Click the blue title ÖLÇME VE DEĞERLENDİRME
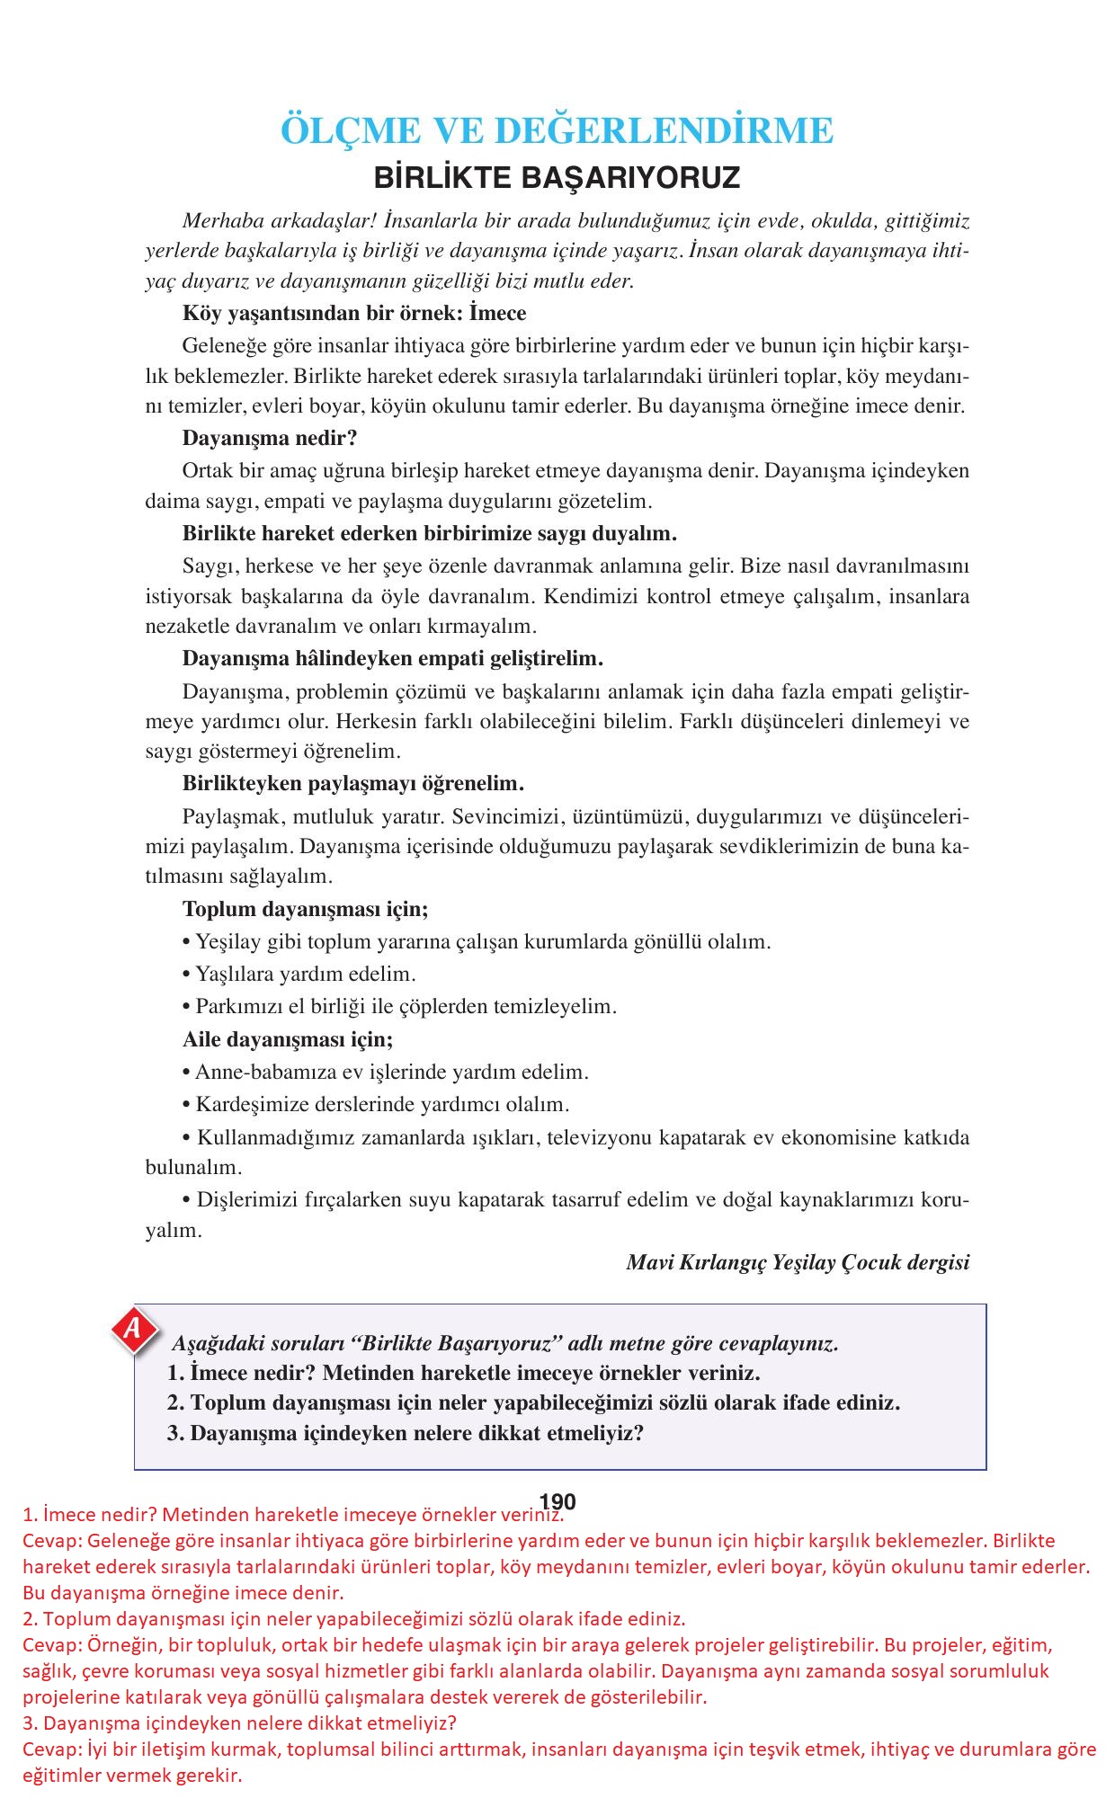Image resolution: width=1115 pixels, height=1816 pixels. pyautogui.click(x=557, y=131)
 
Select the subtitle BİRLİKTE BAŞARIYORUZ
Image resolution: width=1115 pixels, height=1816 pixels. pyautogui.click(x=557, y=177)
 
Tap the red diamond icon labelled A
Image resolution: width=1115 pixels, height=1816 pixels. pyautogui.click(x=133, y=1329)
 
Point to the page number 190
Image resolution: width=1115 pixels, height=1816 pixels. pyautogui.click(x=557, y=1501)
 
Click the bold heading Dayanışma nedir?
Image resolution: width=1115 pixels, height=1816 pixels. pyautogui.click(x=270, y=439)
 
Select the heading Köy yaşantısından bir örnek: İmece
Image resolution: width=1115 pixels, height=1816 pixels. pyautogui.click(x=354, y=313)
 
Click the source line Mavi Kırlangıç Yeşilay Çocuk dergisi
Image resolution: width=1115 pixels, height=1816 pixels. pyautogui.click(x=798, y=1262)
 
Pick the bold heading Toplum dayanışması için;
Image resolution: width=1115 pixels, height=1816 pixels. pyautogui.click(x=306, y=909)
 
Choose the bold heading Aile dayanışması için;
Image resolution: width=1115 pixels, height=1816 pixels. pyautogui.click(x=288, y=1039)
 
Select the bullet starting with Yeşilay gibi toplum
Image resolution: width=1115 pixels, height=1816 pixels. pyautogui.click(x=477, y=942)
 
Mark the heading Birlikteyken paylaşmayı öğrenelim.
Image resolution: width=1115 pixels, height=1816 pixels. pyautogui.click(x=353, y=783)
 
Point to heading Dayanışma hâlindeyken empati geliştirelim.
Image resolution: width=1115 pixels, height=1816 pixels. pyautogui.click(x=392, y=658)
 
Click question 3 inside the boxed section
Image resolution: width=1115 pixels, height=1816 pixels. pyautogui.click(x=406, y=1433)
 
